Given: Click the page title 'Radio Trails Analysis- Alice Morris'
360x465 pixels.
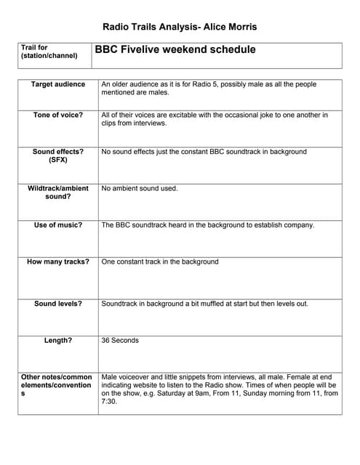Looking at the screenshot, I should click(180, 27).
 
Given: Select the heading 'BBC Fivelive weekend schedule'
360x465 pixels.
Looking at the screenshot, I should click(175, 50).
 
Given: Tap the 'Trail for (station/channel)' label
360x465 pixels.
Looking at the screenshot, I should click(49, 52).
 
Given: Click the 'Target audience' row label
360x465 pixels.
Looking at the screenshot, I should click(57, 85).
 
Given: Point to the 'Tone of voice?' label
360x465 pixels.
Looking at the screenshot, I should click(57, 116).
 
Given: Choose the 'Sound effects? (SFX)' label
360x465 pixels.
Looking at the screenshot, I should click(57, 156).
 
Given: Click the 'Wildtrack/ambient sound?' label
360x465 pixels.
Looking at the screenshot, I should click(57, 193).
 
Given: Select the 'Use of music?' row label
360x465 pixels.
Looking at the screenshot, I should click(57, 225).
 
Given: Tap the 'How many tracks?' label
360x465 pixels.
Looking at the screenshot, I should click(57, 262).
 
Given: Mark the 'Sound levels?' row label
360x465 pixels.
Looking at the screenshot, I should click(57, 304).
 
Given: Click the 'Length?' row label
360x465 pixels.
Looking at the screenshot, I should click(57, 340).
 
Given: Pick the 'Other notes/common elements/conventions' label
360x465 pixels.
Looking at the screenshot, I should click(56, 386).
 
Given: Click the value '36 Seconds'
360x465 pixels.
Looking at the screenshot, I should click(120, 340).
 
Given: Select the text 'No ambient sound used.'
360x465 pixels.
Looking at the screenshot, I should click(140, 188).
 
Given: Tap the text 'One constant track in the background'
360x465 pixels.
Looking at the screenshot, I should click(160, 262).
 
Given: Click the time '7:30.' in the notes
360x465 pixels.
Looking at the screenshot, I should click(109, 401).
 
